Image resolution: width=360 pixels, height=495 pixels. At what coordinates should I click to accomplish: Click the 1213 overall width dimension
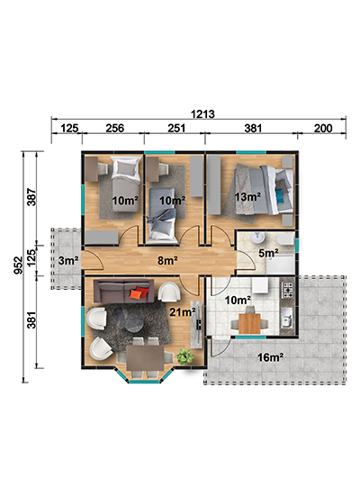click(x=202, y=113)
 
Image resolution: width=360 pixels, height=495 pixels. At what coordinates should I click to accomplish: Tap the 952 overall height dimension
click(x=19, y=265)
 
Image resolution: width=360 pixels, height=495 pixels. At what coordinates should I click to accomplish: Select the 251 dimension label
click(x=176, y=128)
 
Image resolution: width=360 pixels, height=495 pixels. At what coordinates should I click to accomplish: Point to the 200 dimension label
click(x=323, y=128)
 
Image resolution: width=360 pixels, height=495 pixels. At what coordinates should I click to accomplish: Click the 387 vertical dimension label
click(x=31, y=197)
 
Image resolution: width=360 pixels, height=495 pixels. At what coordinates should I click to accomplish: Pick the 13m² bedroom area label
click(x=247, y=197)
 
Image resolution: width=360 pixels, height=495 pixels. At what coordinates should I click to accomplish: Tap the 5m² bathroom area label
click(x=268, y=253)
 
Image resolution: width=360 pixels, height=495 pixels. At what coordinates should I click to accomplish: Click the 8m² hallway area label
click(x=167, y=260)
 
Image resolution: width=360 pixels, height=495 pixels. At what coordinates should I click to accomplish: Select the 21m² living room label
click(x=183, y=311)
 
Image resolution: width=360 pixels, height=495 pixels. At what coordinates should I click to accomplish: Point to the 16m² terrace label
click(x=270, y=357)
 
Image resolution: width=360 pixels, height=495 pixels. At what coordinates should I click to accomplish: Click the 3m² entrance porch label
click(x=68, y=261)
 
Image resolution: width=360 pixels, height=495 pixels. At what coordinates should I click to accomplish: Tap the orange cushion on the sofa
click(x=136, y=294)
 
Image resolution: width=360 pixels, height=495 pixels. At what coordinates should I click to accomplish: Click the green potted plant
click(x=185, y=356)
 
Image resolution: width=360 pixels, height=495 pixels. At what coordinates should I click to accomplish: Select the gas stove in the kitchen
click(x=288, y=290)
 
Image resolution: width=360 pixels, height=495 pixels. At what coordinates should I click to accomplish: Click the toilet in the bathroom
click(x=284, y=239)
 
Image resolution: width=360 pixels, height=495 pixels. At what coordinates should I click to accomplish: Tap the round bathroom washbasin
click(x=258, y=238)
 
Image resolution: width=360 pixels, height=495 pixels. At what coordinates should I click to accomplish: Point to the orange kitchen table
click(x=249, y=324)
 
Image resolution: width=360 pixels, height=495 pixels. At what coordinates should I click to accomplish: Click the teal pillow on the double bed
click(x=279, y=195)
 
